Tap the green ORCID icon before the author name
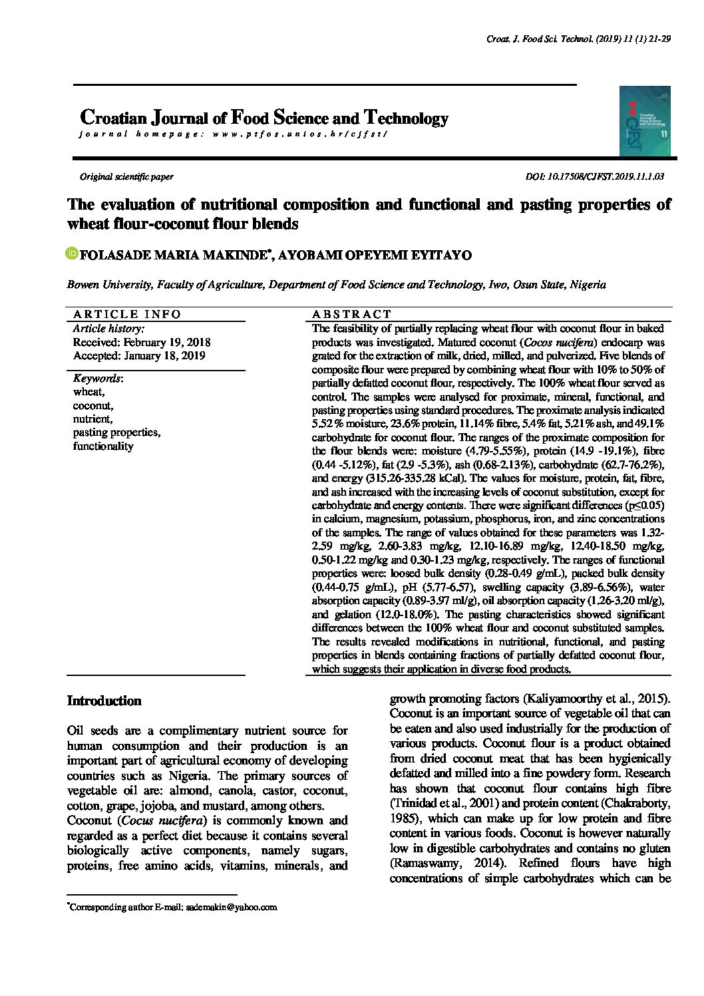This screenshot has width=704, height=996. click(72, 253)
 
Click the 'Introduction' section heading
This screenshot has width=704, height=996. click(104, 701)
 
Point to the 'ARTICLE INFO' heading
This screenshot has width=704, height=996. click(127, 314)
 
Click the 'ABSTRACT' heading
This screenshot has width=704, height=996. click(352, 314)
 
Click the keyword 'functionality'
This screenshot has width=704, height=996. click(103, 446)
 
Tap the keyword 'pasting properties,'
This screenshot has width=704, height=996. click(116, 432)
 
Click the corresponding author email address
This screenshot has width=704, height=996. click(231, 907)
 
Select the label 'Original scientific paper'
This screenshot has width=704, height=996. click(126, 177)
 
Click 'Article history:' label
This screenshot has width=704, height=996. click(108, 329)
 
